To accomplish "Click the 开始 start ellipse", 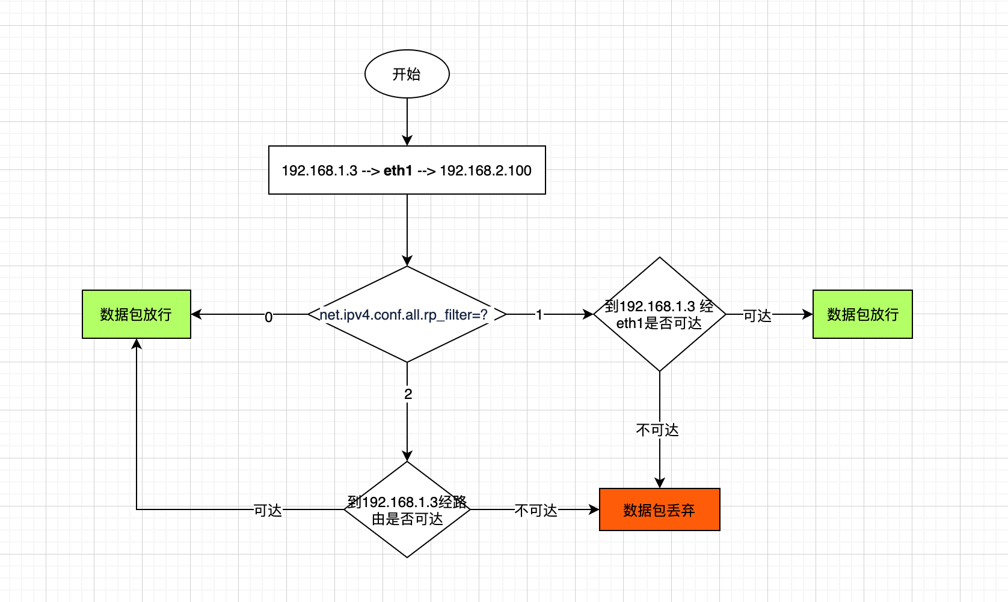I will point(407,74).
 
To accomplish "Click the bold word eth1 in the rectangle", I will point(398,171).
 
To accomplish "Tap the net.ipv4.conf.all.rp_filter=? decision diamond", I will point(407,336).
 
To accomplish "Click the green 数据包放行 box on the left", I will point(136,314).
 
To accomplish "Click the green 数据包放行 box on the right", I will point(862,314).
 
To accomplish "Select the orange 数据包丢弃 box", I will point(659,509).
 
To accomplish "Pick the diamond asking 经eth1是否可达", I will point(659,348).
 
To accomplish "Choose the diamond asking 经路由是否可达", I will point(407,535).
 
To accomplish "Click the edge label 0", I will point(268,317).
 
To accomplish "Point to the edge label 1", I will point(539,314).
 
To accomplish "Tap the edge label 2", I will point(408,394).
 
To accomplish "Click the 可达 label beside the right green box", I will point(757,315).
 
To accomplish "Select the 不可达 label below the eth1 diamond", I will point(657,430).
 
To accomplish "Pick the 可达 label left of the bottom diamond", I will point(268,510).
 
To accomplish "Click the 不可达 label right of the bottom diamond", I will point(536,510).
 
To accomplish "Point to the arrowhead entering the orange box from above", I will point(660,483).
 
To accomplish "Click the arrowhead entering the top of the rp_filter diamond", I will point(407,261).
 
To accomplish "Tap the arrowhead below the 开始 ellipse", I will point(407,140).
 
